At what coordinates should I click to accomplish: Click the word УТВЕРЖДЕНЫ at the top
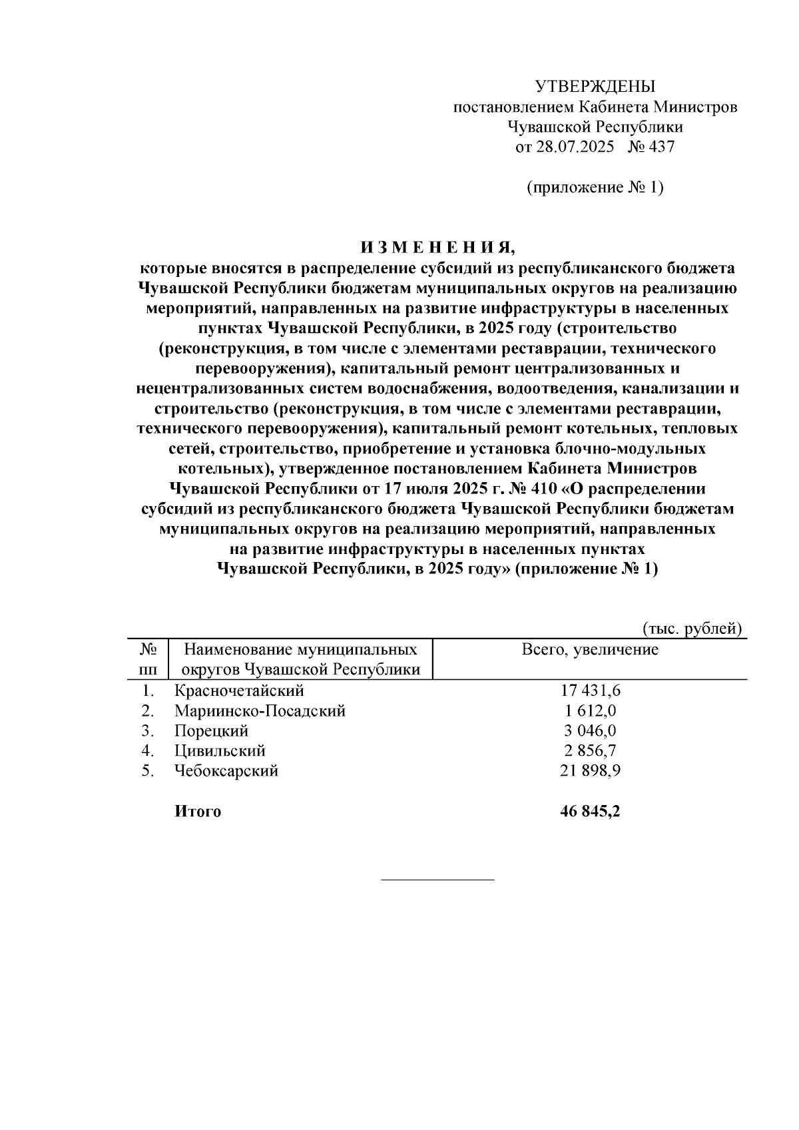click(595, 87)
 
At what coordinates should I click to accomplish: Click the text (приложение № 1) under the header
click(595, 188)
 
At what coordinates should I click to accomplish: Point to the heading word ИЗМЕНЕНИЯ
click(438, 248)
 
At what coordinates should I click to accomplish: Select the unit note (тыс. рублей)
click(692, 628)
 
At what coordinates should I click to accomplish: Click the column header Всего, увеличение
click(590, 650)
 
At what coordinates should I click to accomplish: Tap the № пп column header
click(148, 659)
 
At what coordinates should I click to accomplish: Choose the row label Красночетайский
click(239, 691)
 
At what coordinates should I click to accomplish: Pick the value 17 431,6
click(591, 691)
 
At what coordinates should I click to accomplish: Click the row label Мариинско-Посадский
click(260, 710)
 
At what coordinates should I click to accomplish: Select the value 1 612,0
click(591, 710)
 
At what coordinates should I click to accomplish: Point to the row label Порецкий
click(211, 730)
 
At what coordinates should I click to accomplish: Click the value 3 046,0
click(591, 730)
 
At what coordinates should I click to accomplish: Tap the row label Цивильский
click(220, 750)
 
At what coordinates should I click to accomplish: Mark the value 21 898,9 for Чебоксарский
click(591, 771)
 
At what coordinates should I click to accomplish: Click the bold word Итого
click(197, 811)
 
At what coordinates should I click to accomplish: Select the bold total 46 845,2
click(591, 811)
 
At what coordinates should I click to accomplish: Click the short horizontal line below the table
click(437, 880)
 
